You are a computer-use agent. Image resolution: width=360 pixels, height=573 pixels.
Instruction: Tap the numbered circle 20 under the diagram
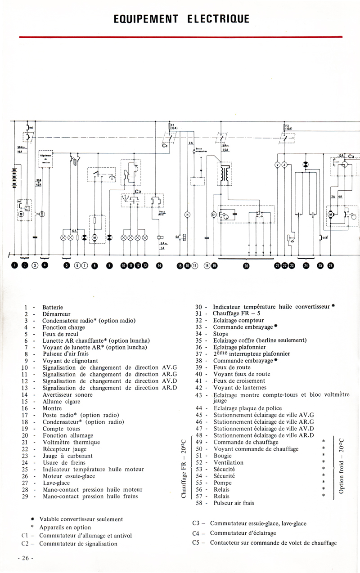[x=246, y=266]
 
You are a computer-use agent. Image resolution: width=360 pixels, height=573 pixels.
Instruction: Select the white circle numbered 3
[x=35, y=265]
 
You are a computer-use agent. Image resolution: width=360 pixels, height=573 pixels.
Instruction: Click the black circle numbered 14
[x=159, y=265]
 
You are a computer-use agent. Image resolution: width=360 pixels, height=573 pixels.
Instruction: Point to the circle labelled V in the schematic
[x=277, y=165]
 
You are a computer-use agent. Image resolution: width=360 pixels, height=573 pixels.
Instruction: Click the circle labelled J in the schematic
[x=284, y=165]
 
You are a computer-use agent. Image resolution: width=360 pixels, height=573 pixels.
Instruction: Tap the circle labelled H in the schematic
[x=187, y=215]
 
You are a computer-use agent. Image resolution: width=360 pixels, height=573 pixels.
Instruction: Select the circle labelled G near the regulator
[x=43, y=214]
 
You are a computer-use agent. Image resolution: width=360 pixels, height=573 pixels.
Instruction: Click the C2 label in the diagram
[x=138, y=191]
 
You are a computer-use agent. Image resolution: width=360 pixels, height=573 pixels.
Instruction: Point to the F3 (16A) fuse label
[x=288, y=127]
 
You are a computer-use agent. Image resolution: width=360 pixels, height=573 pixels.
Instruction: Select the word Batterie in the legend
[x=53, y=307]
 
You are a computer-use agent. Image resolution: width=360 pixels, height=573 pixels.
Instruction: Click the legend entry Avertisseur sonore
[x=67, y=395]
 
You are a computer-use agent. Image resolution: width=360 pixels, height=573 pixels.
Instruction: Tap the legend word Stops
[x=220, y=334]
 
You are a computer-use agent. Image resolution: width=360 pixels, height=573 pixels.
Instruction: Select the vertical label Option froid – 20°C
[x=342, y=466]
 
